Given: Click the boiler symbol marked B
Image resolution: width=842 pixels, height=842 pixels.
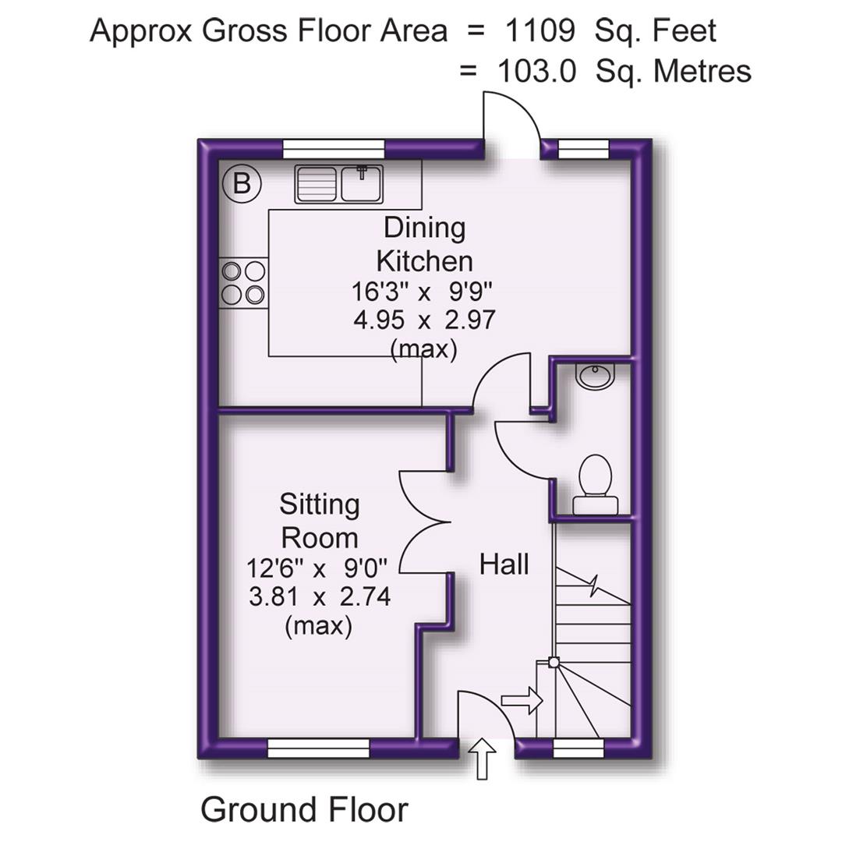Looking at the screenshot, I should click(x=242, y=184).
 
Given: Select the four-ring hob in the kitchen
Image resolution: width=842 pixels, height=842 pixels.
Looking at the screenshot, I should click(x=243, y=282).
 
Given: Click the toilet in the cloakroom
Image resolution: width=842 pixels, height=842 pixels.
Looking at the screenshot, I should click(x=595, y=483).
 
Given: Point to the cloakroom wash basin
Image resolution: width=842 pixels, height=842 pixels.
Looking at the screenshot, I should click(x=596, y=376).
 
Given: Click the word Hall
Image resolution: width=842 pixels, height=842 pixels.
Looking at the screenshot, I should click(x=504, y=563).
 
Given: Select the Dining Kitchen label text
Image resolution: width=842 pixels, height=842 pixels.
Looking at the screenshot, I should click(x=424, y=243).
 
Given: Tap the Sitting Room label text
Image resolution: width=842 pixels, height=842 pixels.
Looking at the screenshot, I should click(x=320, y=521).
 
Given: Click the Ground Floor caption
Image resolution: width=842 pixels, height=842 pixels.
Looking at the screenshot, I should click(x=304, y=810).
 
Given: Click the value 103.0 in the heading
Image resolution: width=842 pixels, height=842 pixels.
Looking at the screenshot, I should click(x=536, y=71).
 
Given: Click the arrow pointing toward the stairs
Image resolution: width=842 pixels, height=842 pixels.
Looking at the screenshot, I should click(x=521, y=699).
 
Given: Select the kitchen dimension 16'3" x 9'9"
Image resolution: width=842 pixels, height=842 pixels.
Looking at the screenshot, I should click(x=423, y=293).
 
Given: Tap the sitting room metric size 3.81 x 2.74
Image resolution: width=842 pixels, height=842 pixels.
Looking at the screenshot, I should click(x=320, y=597).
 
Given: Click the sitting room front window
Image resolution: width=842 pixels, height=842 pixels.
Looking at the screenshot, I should click(x=318, y=749).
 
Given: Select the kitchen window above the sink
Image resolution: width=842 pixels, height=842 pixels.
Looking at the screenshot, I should click(x=334, y=149).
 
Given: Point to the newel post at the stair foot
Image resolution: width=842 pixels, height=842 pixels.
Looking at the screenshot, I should click(x=553, y=663).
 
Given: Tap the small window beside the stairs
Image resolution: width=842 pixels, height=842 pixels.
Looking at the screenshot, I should click(x=578, y=749).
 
